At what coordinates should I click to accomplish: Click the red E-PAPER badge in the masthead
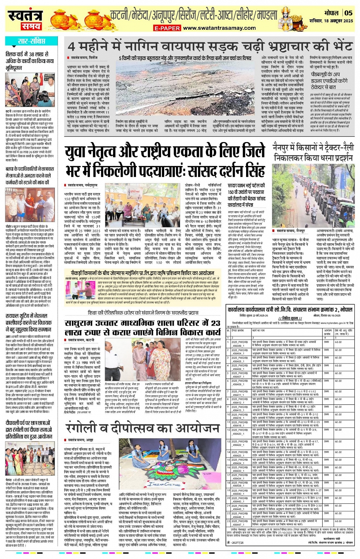pyautogui.click(x=167, y=28)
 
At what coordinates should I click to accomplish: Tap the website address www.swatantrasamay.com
pyautogui.click(x=219, y=28)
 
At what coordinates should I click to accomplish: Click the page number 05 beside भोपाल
pyautogui.click(x=349, y=13)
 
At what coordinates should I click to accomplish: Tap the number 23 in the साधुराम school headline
pyautogui.click(x=215, y=323)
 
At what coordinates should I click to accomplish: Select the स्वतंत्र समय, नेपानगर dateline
pyautogui.click(x=290, y=231)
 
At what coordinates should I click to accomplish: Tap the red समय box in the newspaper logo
pyautogui.click(x=31, y=26)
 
